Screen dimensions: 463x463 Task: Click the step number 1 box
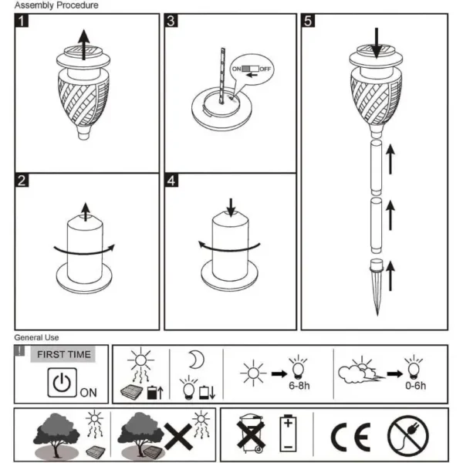point(22,21)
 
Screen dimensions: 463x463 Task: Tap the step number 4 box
point(171,181)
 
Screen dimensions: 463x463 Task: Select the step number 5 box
point(308,21)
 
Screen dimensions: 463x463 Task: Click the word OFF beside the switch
point(265,69)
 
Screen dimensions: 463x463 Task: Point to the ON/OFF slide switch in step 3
point(250,69)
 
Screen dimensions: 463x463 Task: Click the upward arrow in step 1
point(84,45)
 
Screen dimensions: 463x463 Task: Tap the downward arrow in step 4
point(231,208)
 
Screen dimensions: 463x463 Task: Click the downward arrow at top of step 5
point(377,43)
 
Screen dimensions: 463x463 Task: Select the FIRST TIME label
point(64,354)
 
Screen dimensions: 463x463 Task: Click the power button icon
point(62,383)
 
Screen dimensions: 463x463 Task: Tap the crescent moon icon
point(197,360)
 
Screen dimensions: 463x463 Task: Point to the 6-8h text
point(299,386)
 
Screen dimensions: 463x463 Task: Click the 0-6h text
point(415,386)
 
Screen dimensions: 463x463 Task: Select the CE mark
point(351,437)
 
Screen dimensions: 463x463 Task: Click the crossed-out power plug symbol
point(408,436)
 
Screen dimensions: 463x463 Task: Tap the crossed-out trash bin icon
point(250,434)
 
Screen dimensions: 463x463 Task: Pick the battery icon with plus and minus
point(288,433)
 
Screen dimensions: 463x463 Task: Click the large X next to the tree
point(178,437)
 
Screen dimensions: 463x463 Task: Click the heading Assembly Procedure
point(56,5)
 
